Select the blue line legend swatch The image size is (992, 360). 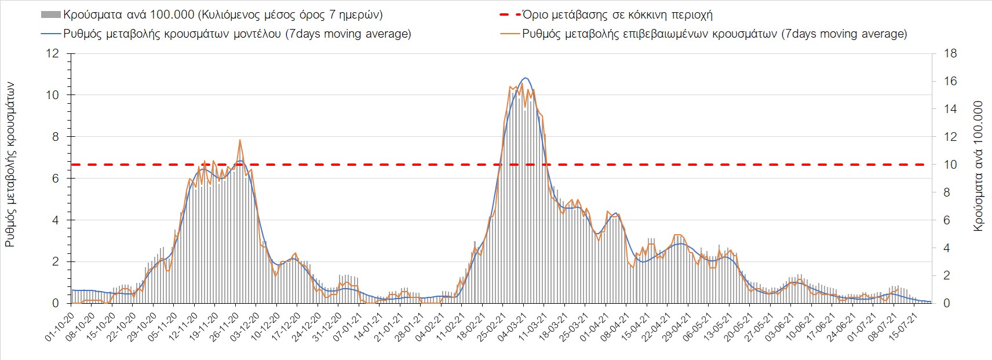click(50, 34)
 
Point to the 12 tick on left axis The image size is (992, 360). click(53, 53)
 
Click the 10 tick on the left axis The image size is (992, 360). click(53, 95)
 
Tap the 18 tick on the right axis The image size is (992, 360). click(950, 53)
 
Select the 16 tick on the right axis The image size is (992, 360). click(950, 81)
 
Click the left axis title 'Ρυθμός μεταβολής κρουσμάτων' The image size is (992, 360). click(10, 165)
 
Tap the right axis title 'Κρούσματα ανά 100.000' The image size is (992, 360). click(979, 167)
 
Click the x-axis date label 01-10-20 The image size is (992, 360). click(60, 329)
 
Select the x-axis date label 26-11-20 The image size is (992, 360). click(225, 329)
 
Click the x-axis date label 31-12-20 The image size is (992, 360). click(327, 329)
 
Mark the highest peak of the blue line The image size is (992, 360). click(525, 78)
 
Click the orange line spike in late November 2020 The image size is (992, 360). click(240, 140)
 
